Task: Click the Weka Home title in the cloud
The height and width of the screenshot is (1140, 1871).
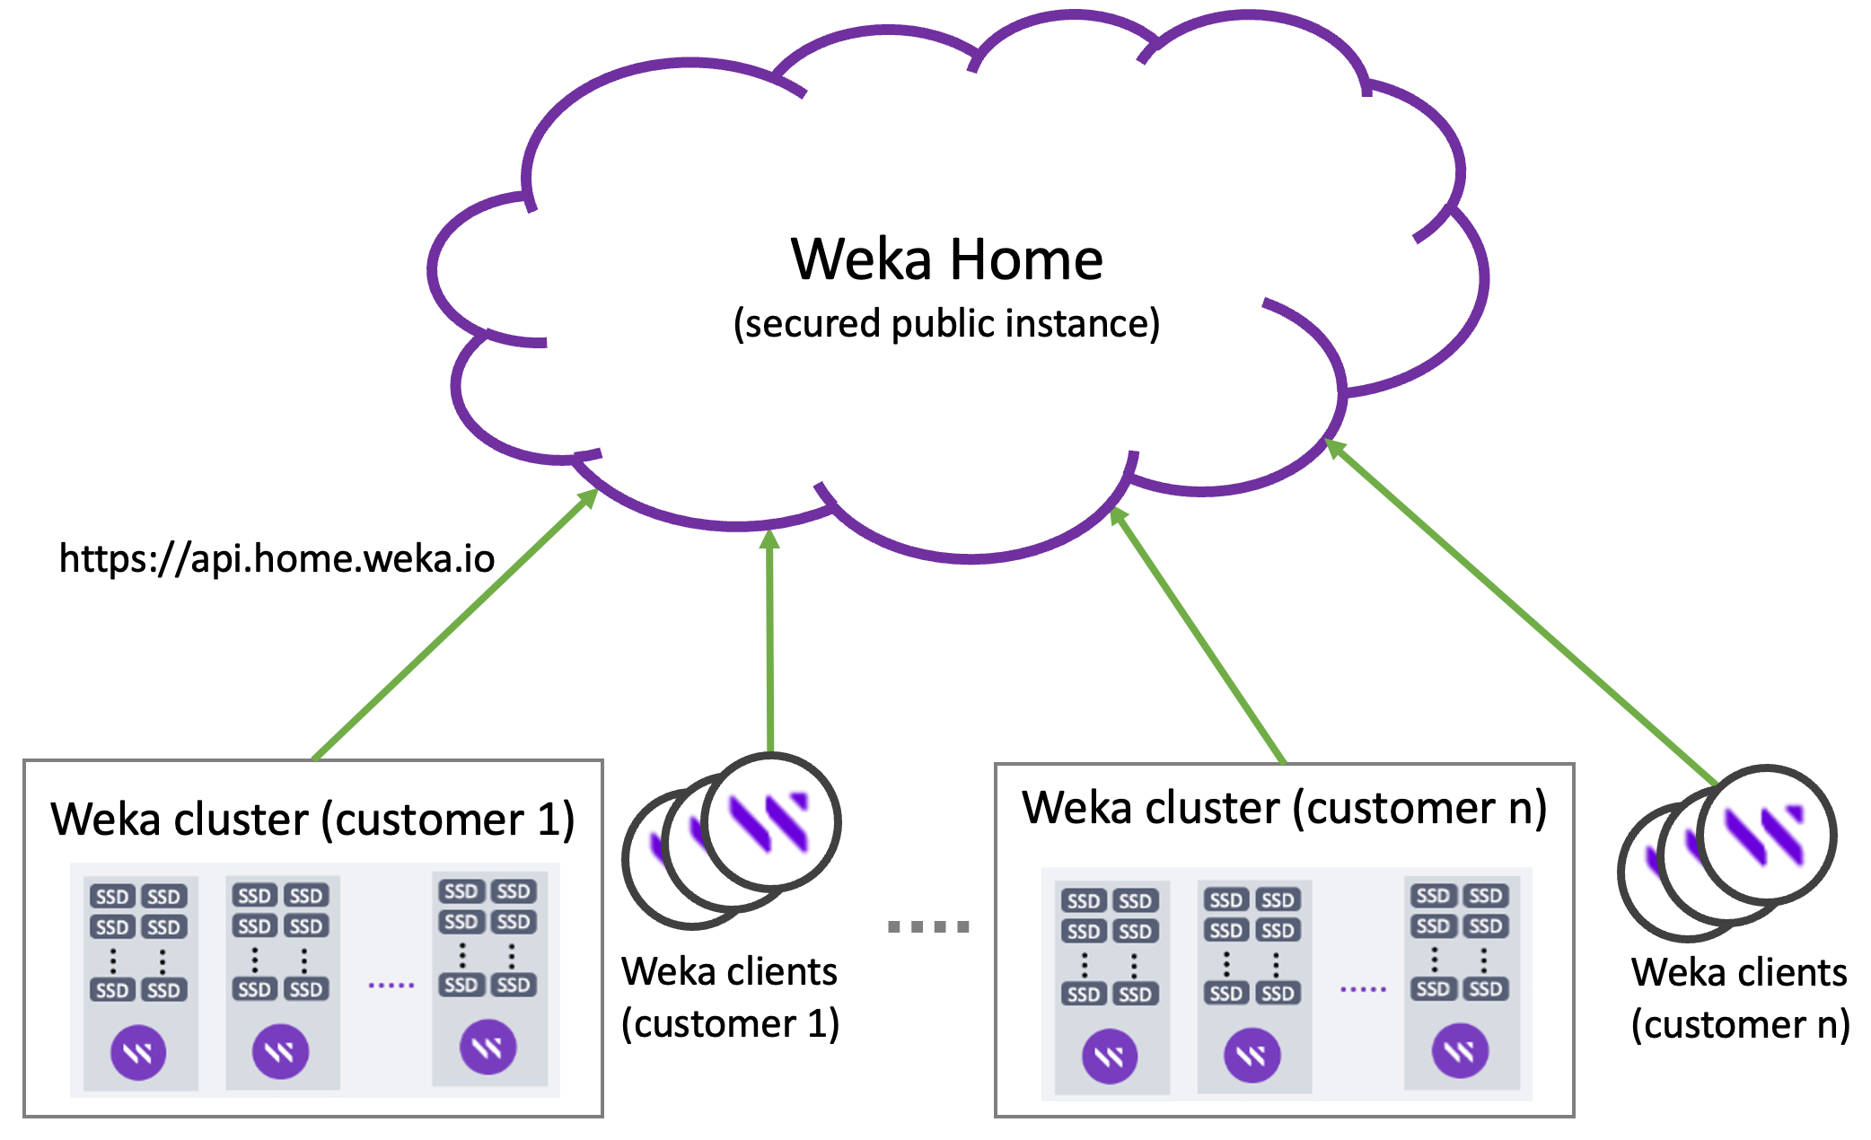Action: pyautogui.click(x=946, y=260)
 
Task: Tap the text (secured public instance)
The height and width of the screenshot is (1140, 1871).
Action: pyautogui.click(x=946, y=324)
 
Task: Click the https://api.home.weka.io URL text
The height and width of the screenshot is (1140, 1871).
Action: pyautogui.click(x=277, y=559)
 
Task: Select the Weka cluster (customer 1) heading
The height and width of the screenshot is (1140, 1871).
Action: pyautogui.click(x=312, y=820)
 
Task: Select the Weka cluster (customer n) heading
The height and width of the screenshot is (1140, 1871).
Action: pyautogui.click(x=1284, y=808)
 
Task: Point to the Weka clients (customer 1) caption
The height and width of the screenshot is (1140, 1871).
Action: pyautogui.click(x=730, y=997)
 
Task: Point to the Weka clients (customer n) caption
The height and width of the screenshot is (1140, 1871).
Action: pyautogui.click(x=1740, y=998)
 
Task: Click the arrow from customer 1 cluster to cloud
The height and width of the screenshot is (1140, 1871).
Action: pyautogui.click(x=453, y=626)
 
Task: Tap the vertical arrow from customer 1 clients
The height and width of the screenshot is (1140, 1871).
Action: pyautogui.click(x=770, y=642)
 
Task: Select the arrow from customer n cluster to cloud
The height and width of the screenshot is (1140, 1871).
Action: pyautogui.click(x=1199, y=636)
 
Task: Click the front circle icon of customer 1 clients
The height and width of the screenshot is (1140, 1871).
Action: pyautogui.click(x=771, y=821)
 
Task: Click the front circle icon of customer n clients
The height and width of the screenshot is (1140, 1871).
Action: pyautogui.click(x=1767, y=835)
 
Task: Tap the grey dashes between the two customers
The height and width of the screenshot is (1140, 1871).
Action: pyautogui.click(x=928, y=926)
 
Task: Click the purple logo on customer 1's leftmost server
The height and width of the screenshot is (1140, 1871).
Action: pyautogui.click(x=138, y=1052)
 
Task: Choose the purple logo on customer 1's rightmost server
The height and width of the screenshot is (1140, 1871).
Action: pyautogui.click(x=488, y=1047)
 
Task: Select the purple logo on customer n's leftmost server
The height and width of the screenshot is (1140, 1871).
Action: pyautogui.click(x=1110, y=1056)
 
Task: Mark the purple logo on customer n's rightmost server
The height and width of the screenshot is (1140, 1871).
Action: pyautogui.click(x=1460, y=1050)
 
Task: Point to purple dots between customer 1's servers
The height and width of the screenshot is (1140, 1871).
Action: pyautogui.click(x=391, y=985)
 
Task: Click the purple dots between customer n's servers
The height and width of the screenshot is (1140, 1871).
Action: pyautogui.click(x=1363, y=989)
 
